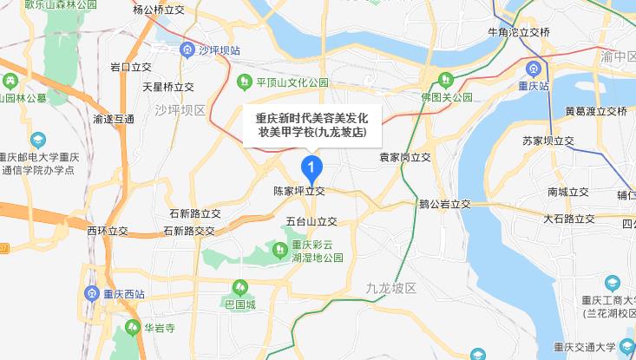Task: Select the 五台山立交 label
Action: point(311,221)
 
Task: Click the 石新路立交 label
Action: point(195,213)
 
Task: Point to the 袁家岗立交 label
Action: point(405,159)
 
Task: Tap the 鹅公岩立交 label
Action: point(444,205)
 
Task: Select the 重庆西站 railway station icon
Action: point(92,292)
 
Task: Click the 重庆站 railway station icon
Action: point(531,68)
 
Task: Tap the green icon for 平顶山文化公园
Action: point(245,82)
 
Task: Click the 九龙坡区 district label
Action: point(391,287)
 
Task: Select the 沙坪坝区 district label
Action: point(180,110)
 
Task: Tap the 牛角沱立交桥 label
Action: point(520,33)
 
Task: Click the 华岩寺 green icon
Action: point(131,328)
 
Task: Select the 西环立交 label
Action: point(108,231)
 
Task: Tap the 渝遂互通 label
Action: point(113,119)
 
